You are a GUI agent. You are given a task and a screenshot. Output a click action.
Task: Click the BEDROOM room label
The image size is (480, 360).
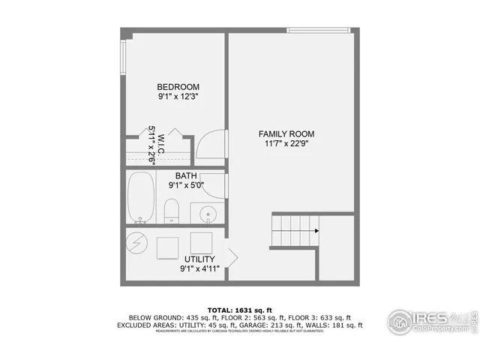pos(178,86)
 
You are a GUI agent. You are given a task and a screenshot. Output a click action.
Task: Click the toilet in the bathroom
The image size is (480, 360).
pos(171,211)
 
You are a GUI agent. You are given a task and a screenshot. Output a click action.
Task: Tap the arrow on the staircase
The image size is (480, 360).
pos(316,231)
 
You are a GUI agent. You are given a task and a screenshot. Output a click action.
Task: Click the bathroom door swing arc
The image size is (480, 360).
pos(214,185)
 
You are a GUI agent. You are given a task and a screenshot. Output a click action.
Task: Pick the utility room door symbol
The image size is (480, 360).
pos(232,257)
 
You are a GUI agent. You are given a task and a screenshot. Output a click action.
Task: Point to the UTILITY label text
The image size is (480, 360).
pos(199,259)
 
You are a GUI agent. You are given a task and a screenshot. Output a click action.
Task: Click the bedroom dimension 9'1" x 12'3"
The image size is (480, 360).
pos(178,96)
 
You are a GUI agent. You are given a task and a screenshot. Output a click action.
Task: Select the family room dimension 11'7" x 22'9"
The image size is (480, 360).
pos(283,143)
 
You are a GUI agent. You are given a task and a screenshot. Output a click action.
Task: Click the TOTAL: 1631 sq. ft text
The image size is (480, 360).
pos(239,309)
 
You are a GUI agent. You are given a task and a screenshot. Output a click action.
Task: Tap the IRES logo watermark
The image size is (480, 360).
pos(429,320)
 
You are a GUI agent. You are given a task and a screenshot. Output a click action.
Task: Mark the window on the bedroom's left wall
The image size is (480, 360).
pos(123,55)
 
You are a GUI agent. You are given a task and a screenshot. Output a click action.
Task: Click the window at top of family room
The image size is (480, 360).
pos(319,30)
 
